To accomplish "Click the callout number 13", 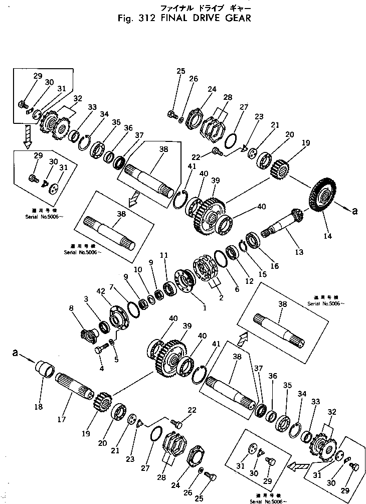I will (299, 252).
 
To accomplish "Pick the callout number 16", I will (275, 266).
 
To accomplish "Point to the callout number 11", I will (163, 256).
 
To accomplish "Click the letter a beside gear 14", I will (354, 211).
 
